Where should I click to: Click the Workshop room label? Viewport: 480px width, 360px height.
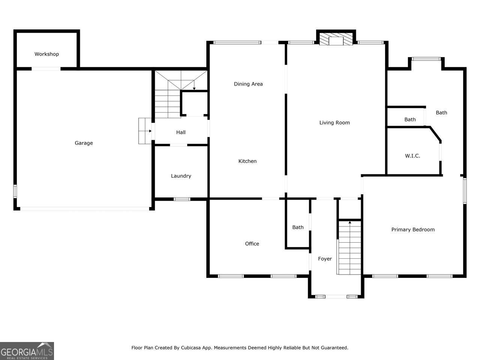click(46, 54)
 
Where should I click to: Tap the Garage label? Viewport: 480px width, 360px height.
click(84, 143)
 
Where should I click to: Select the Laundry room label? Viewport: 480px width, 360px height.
click(181, 176)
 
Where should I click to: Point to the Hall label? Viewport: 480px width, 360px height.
click(181, 132)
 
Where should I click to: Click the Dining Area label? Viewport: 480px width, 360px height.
click(248, 84)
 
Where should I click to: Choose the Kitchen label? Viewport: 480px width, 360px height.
click(247, 161)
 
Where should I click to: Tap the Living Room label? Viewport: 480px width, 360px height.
click(334, 123)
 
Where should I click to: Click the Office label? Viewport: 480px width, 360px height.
click(252, 243)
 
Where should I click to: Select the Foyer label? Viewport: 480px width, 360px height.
click(325, 259)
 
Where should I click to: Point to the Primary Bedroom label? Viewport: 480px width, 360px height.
click(413, 229)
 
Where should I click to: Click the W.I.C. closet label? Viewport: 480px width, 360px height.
click(412, 156)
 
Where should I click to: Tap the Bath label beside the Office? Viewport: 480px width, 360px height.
click(298, 227)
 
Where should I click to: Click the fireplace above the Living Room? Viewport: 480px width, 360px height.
click(336, 39)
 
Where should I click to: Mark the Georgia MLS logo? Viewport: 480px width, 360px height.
click(27, 351)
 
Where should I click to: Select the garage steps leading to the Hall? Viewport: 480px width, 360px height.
click(145, 131)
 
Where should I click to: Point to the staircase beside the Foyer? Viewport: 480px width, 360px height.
click(349, 247)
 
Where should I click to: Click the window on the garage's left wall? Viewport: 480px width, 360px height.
click(15, 191)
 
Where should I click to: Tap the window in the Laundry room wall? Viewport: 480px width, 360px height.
click(182, 199)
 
